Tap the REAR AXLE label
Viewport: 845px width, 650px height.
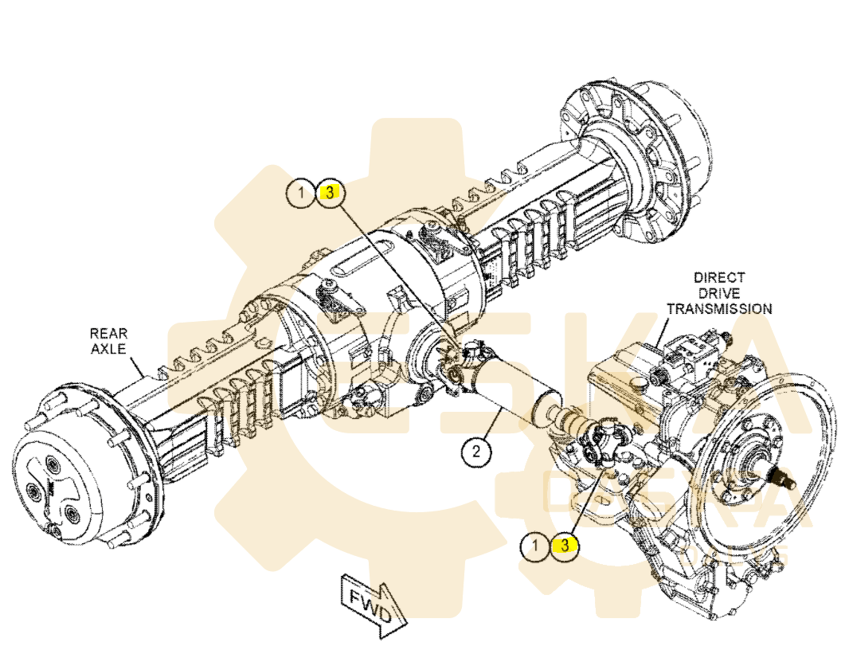[108, 341]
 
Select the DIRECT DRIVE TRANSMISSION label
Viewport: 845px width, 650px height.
[718, 293]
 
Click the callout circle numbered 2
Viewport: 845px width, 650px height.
[475, 452]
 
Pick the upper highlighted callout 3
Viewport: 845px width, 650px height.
[329, 192]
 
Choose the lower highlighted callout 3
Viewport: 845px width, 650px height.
[564, 546]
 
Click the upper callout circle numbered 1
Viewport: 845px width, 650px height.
[302, 192]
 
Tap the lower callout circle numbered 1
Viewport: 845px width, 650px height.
[536, 546]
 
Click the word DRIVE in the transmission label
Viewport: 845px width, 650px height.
[718, 293]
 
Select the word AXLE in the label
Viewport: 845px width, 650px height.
[108, 349]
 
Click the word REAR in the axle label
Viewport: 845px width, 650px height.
[108, 333]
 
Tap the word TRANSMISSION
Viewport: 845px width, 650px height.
[718, 308]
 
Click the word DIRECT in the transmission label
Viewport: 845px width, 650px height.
[718, 278]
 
